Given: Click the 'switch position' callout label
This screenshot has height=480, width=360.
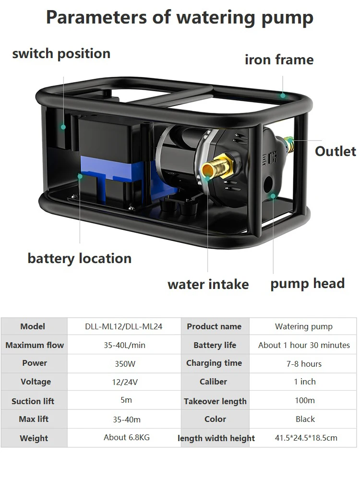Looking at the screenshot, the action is coord(61,53).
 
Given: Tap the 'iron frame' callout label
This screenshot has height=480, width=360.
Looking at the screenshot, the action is coord(279,60).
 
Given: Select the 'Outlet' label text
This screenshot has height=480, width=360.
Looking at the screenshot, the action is coord(335,151).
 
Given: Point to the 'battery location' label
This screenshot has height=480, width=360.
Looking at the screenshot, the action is coord(79,258).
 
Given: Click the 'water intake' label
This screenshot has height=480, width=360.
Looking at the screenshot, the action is coord(208,284).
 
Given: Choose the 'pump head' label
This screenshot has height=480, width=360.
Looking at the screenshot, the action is coord(307,283).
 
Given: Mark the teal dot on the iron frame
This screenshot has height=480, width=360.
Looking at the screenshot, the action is coord(283,96).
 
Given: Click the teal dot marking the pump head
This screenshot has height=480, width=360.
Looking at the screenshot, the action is coord(273,196).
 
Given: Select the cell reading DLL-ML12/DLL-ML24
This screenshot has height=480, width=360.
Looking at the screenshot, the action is coord(124,326).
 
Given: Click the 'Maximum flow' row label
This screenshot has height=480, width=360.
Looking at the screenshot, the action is coord(35,345).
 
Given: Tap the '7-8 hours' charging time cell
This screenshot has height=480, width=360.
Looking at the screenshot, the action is coord(304,363).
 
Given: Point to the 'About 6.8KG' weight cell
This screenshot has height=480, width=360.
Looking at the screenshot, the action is coord(124,437).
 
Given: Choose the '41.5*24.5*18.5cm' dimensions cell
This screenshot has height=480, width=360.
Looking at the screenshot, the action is coord(306,438).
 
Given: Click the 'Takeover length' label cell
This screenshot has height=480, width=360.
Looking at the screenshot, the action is coord(215,401).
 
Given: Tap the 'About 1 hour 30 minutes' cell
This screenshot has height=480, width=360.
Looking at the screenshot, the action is coord(304,345).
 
